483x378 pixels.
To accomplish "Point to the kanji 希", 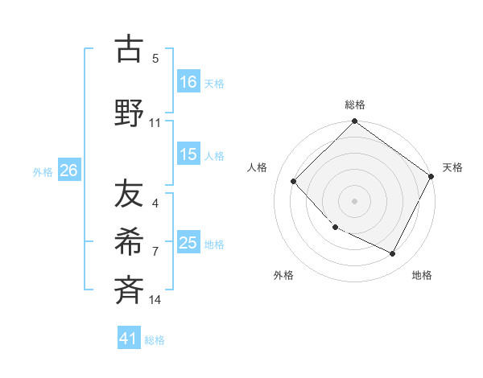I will [130, 240].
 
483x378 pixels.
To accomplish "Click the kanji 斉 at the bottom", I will [130, 288].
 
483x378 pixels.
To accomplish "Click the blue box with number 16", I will [188, 81].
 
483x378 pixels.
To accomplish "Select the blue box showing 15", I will [188, 154].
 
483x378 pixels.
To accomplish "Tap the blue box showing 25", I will [188, 243].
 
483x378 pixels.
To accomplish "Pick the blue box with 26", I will [68, 170].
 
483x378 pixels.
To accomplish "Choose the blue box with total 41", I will [129, 339].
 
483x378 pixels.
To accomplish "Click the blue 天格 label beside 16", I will [214, 83].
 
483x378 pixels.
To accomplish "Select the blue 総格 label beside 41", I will [155, 340].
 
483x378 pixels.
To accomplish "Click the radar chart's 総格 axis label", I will [354, 105].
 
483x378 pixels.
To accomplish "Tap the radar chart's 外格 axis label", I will [283, 275].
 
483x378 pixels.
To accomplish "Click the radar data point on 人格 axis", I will [294, 181].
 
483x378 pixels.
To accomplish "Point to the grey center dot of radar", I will [354, 200].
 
